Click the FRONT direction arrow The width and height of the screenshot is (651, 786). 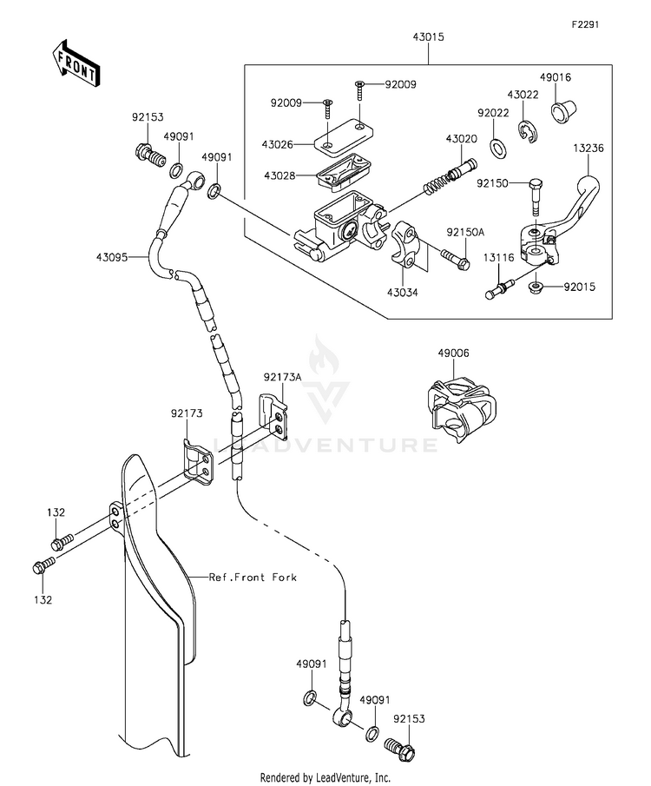click(x=76, y=63)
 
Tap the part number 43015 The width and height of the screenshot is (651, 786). click(x=429, y=37)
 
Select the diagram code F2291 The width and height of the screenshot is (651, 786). click(x=586, y=24)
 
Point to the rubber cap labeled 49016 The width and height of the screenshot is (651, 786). click(x=563, y=112)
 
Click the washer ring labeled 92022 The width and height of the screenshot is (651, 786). click(x=498, y=148)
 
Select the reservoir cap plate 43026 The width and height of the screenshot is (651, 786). click(x=343, y=134)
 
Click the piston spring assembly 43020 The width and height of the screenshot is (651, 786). click(x=450, y=176)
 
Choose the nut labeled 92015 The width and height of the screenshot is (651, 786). click(x=536, y=287)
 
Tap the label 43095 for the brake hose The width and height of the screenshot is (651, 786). click(x=112, y=257)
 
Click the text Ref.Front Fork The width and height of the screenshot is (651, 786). click(x=253, y=578)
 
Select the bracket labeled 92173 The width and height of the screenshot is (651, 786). click(x=196, y=463)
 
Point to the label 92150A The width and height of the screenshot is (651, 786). click(x=465, y=233)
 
